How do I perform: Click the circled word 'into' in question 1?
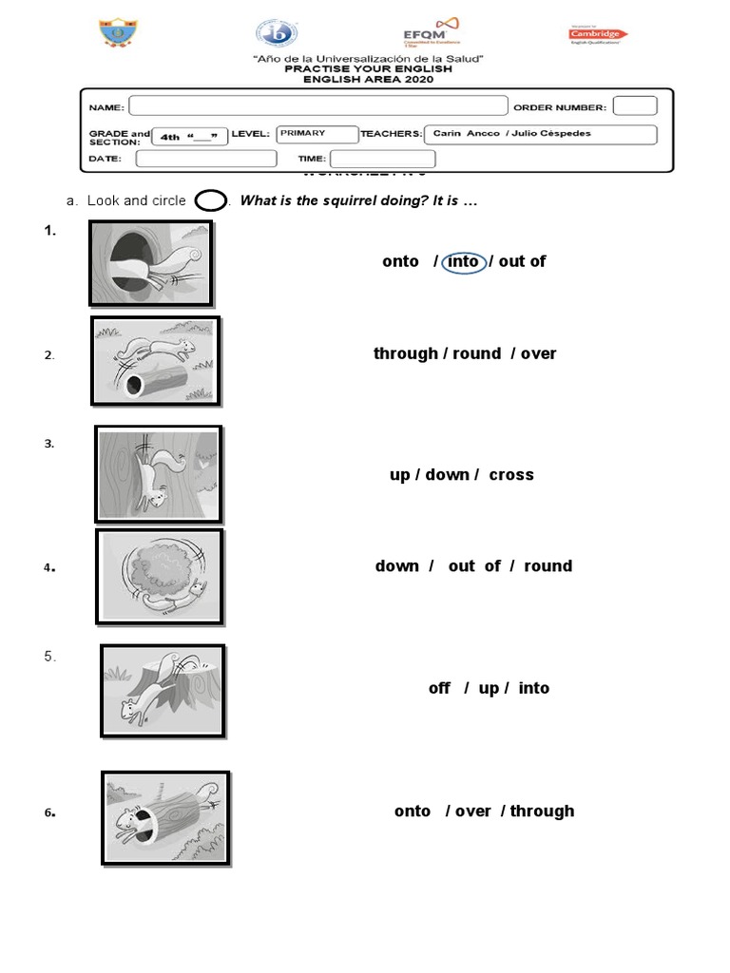pos(463,261)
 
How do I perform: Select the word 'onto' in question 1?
pos(400,261)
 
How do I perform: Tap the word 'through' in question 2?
pos(405,353)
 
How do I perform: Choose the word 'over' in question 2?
pos(538,353)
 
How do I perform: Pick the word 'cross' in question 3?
pos(511,474)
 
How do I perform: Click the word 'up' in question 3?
pos(399,475)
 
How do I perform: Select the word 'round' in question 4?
pos(547,565)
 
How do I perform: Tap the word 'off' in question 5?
pos(439,688)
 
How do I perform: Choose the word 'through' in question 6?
pos(542,811)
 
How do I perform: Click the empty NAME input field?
pos(317,106)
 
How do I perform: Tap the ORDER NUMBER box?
pos(634,106)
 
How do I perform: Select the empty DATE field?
pos(206,159)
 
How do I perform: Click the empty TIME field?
pos(382,159)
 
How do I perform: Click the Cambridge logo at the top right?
pos(597,35)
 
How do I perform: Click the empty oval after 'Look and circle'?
pos(211,201)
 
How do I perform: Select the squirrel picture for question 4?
pos(160,577)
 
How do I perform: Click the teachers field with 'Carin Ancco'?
pos(539,134)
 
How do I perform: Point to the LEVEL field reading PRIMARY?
pos(317,134)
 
